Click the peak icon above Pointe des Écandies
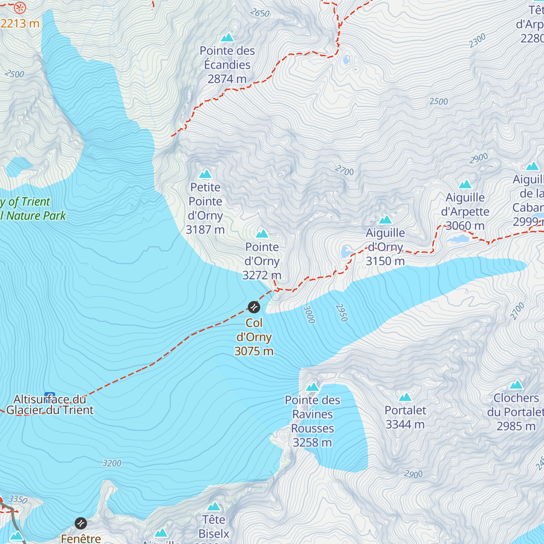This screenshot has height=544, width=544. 227,37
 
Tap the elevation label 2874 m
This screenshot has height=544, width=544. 227,79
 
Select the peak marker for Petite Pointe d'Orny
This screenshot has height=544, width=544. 205,174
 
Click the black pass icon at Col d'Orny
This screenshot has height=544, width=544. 254,307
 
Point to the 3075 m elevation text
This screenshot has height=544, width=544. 254,351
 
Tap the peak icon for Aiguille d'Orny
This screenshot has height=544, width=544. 385,220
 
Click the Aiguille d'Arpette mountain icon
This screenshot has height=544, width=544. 465,184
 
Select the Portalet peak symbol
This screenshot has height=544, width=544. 405,398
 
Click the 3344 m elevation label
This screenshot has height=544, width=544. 405,425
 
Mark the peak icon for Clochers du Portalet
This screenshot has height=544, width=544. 516,385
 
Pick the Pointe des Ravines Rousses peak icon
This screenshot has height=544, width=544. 312,387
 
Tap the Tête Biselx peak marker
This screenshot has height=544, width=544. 214,506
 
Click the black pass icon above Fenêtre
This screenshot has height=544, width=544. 81,523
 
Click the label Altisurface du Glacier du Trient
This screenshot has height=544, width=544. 50,405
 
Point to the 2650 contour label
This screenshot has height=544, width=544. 260,13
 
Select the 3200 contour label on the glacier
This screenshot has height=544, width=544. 112,463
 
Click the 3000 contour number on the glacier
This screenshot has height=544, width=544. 309,315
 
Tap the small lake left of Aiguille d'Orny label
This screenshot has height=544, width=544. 346,252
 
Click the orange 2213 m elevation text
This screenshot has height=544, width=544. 20,24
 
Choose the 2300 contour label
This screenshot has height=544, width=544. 477,41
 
